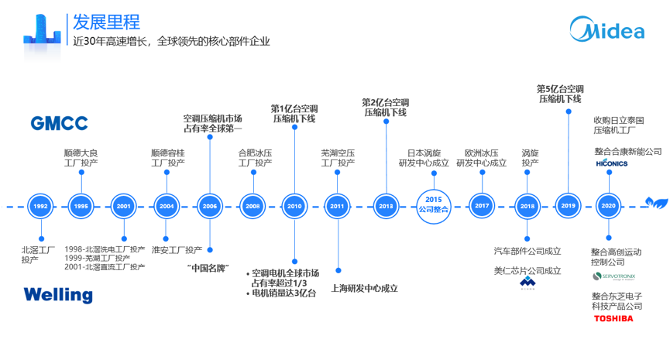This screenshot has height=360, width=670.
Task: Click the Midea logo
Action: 607,30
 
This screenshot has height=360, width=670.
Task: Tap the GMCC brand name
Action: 59,123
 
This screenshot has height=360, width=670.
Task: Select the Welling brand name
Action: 57,295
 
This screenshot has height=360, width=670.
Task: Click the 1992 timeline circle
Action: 40,207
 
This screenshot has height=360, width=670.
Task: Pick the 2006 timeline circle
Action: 209,207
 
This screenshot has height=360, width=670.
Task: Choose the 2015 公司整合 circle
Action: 434,205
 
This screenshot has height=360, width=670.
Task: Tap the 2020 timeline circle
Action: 608,207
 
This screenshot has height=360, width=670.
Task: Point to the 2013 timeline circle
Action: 386,207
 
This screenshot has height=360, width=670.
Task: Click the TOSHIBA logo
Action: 613,318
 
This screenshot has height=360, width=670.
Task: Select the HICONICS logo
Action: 612,164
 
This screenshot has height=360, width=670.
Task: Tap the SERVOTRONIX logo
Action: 613,276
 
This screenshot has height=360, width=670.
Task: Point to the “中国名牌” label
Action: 209,268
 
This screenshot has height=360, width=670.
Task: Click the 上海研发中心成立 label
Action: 364,288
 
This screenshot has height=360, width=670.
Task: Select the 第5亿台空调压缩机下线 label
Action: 560,94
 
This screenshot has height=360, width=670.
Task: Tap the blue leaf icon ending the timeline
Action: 657,204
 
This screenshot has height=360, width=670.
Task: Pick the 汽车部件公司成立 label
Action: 527,251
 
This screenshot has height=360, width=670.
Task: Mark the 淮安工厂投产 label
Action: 177,250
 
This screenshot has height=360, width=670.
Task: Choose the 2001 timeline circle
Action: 123,207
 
